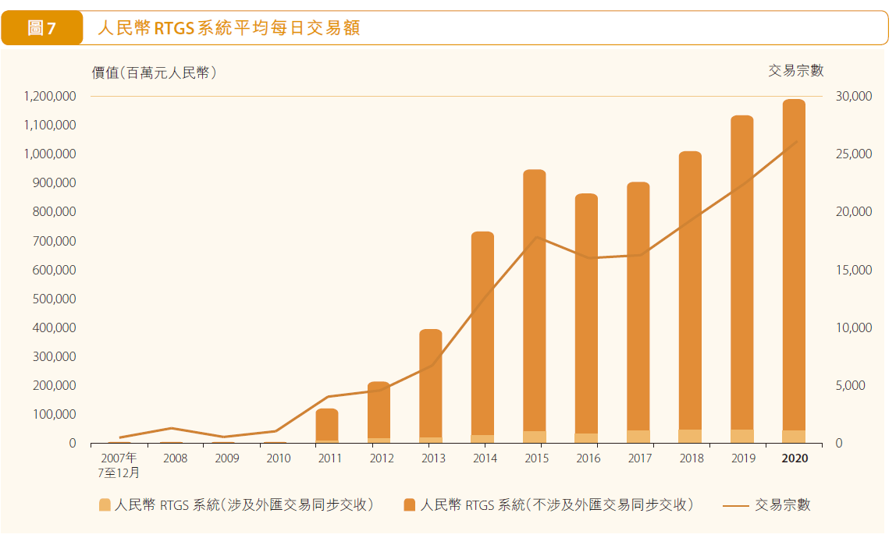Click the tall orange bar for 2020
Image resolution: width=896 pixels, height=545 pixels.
pyautogui.click(x=794, y=265)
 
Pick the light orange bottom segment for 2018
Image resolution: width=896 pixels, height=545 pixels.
pyautogui.click(x=690, y=436)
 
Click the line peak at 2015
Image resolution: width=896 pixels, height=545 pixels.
pyautogui.click(x=535, y=237)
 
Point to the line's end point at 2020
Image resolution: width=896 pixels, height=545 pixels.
pyautogui.click(x=796, y=142)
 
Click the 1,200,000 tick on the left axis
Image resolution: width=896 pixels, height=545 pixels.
pyautogui.click(x=50, y=97)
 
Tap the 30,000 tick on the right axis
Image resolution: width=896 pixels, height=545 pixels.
pyautogui.click(x=853, y=97)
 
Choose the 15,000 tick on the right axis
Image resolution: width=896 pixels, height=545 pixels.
pyautogui.click(x=853, y=270)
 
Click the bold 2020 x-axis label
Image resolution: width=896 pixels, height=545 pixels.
pyautogui.click(x=795, y=458)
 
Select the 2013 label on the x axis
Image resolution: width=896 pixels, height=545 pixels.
pyautogui.click(x=433, y=458)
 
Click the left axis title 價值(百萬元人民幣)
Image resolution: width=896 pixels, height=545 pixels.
pyautogui.click(x=154, y=73)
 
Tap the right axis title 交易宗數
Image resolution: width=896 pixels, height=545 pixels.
pyautogui.click(x=796, y=71)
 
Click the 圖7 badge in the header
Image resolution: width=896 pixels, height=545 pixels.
pyautogui.click(x=42, y=28)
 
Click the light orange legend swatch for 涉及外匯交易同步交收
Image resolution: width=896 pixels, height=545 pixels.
pyautogui.click(x=105, y=505)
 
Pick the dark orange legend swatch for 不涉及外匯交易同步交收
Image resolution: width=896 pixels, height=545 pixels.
pyautogui.click(x=410, y=505)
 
